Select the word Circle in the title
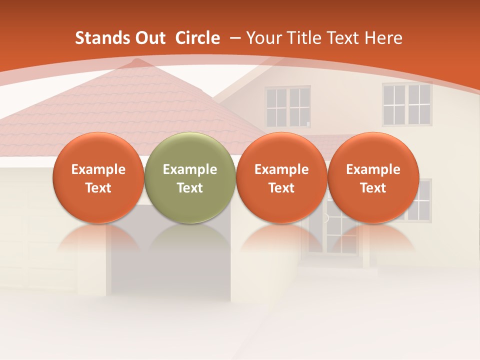tap(197, 38)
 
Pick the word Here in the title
tap(383, 38)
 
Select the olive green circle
tap(190, 177)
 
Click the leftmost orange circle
tap(98, 177)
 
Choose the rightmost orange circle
tap(373, 177)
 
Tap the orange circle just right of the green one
tap(281, 177)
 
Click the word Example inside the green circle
tap(190, 169)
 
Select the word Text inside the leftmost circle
tap(98, 188)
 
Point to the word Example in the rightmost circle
tap(373, 169)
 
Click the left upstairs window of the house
tap(287, 106)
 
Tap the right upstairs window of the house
tap(407, 104)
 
